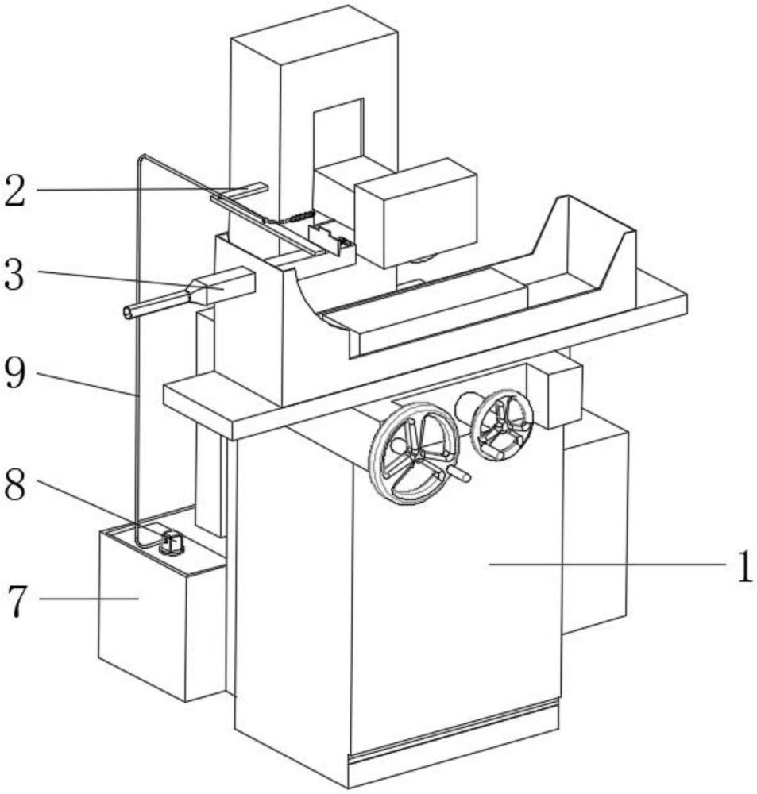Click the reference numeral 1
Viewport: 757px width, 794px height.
click(x=743, y=567)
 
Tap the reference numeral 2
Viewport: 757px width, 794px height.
click(x=14, y=191)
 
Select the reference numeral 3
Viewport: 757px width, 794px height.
click(x=14, y=274)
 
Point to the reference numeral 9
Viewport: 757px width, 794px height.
click(x=14, y=372)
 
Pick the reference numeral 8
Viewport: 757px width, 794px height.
click(x=14, y=484)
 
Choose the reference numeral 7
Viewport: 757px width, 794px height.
click(x=17, y=601)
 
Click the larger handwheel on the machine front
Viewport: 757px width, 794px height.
click(x=413, y=453)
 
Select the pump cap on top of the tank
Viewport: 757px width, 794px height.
click(x=172, y=542)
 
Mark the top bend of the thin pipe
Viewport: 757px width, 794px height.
click(x=142, y=157)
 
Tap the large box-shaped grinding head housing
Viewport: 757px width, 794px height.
click(x=416, y=213)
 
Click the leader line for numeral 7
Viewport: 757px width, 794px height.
click(x=89, y=599)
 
